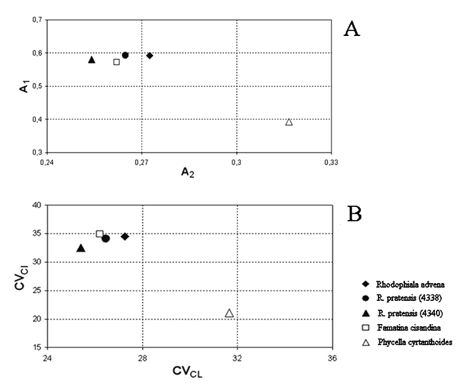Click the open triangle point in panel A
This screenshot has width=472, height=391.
(x=288, y=122)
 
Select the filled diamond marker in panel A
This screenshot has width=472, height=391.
(x=150, y=55)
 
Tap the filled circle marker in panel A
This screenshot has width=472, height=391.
(x=125, y=55)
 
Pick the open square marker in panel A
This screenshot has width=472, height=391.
(x=117, y=62)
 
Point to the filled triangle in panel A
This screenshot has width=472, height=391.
(x=91, y=59)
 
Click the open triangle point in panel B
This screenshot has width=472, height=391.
(x=230, y=313)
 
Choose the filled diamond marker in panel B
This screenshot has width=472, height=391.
(x=125, y=236)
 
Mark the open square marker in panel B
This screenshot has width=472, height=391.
(x=100, y=234)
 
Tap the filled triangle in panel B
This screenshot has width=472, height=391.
(x=81, y=248)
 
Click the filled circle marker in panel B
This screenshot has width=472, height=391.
(x=105, y=238)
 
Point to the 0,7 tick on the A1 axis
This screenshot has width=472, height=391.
(x=37, y=20)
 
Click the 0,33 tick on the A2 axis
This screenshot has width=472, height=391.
(x=331, y=163)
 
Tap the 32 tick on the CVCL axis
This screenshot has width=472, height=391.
(x=237, y=358)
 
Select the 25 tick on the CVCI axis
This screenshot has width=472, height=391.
(x=37, y=291)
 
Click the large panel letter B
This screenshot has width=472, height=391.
(x=354, y=214)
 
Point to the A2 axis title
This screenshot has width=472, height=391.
(x=187, y=172)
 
